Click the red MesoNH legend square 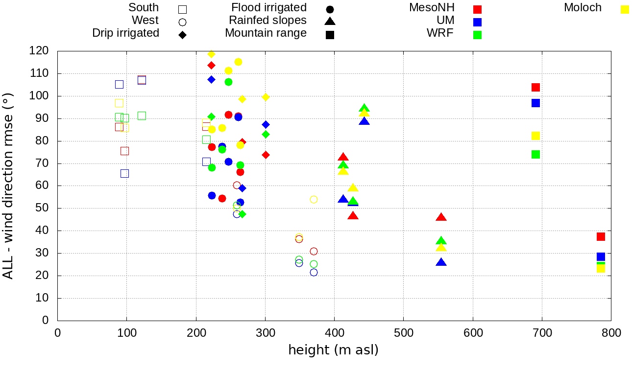(478, 9)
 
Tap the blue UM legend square (478, 22)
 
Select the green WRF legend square (478, 35)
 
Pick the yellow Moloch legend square (625, 9)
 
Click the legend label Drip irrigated (125, 33)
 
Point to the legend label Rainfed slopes (267, 20)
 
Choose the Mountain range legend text (266, 33)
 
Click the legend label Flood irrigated (269, 7)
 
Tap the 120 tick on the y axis (39, 51)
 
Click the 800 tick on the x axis (611, 333)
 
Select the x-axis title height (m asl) (333, 350)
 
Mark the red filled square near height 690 (535, 88)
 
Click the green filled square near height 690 (535, 155)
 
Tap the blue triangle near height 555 (441, 262)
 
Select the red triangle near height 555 (441, 217)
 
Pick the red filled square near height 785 (601, 237)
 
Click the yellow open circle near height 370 (314, 199)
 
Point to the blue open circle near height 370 (314, 272)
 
